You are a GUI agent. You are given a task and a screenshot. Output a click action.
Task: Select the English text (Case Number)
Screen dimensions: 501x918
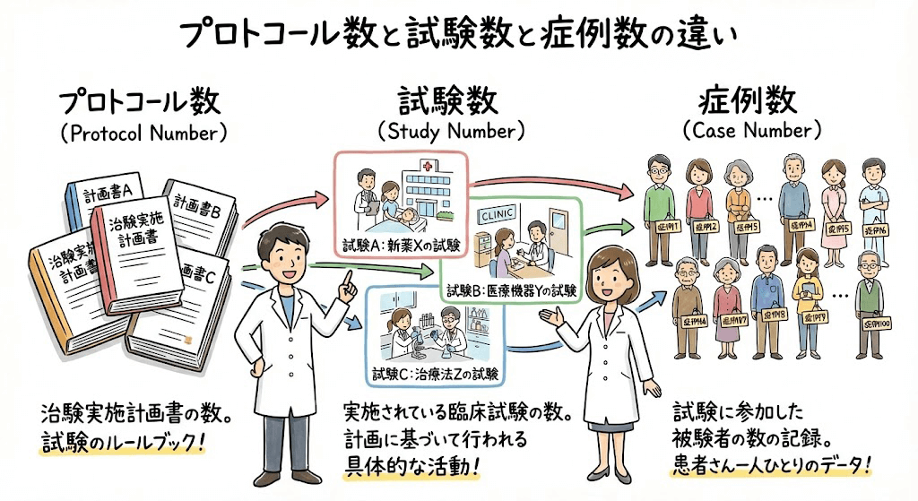[751, 131]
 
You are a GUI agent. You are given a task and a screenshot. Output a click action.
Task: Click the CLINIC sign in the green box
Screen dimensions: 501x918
[498, 215]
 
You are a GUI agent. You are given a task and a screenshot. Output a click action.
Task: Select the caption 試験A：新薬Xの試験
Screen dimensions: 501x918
[401, 244]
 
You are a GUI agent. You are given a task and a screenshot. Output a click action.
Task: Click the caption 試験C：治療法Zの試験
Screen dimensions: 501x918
[434, 373]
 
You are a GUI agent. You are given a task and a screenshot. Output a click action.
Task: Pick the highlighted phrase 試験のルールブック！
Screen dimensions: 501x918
[123, 443]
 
